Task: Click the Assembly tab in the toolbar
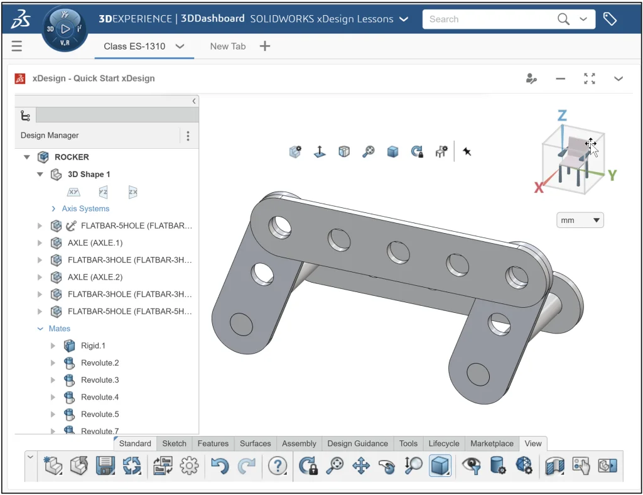pos(299,443)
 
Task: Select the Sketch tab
pos(174,443)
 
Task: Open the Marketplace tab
pos(492,443)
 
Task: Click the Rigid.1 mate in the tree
pos(93,345)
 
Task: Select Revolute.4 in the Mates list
pos(99,397)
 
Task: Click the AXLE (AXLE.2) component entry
pos(95,277)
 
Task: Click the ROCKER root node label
pos(72,157)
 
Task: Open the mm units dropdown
pos(580,220)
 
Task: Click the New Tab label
pos(227,46)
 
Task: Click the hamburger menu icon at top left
pos(17,46)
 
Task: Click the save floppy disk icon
pos(105,465)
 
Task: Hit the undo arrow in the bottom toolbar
pos(219,465)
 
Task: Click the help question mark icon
pos(277,465)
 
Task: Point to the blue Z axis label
pos(562,116)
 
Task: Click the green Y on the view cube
pos(612,175)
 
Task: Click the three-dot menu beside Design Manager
pos(188,136)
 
